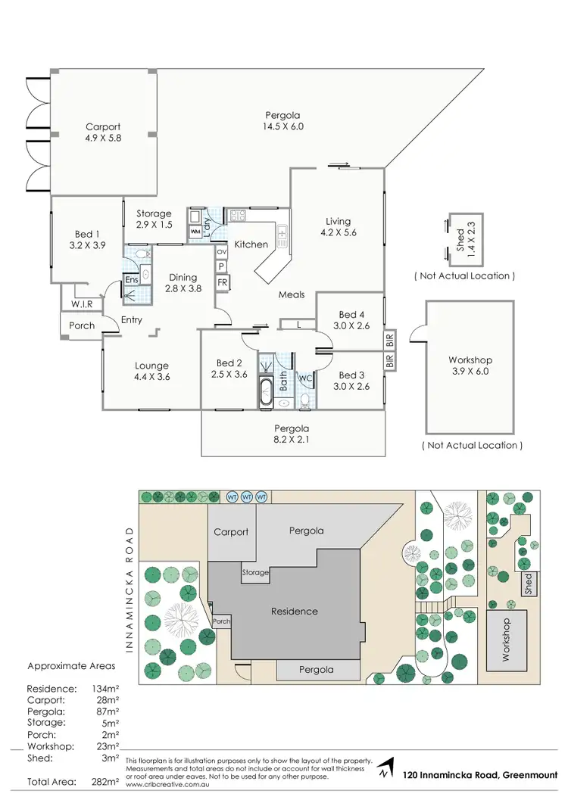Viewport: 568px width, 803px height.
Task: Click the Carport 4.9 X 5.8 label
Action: tap(103, 133)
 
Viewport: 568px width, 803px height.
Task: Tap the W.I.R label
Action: tap(82, 304)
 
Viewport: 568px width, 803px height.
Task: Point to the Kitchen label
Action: tap(251, 244)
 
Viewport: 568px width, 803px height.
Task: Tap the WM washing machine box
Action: tap(195, 230)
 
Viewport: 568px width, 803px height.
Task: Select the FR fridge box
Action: tap(222, 282)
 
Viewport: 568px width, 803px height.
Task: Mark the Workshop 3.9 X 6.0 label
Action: tap(470, 366)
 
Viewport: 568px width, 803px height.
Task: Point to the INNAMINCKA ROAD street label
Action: tap(133, 590)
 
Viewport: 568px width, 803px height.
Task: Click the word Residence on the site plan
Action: tap(295, 611)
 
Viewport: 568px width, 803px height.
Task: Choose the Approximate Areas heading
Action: tap(71, 666)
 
